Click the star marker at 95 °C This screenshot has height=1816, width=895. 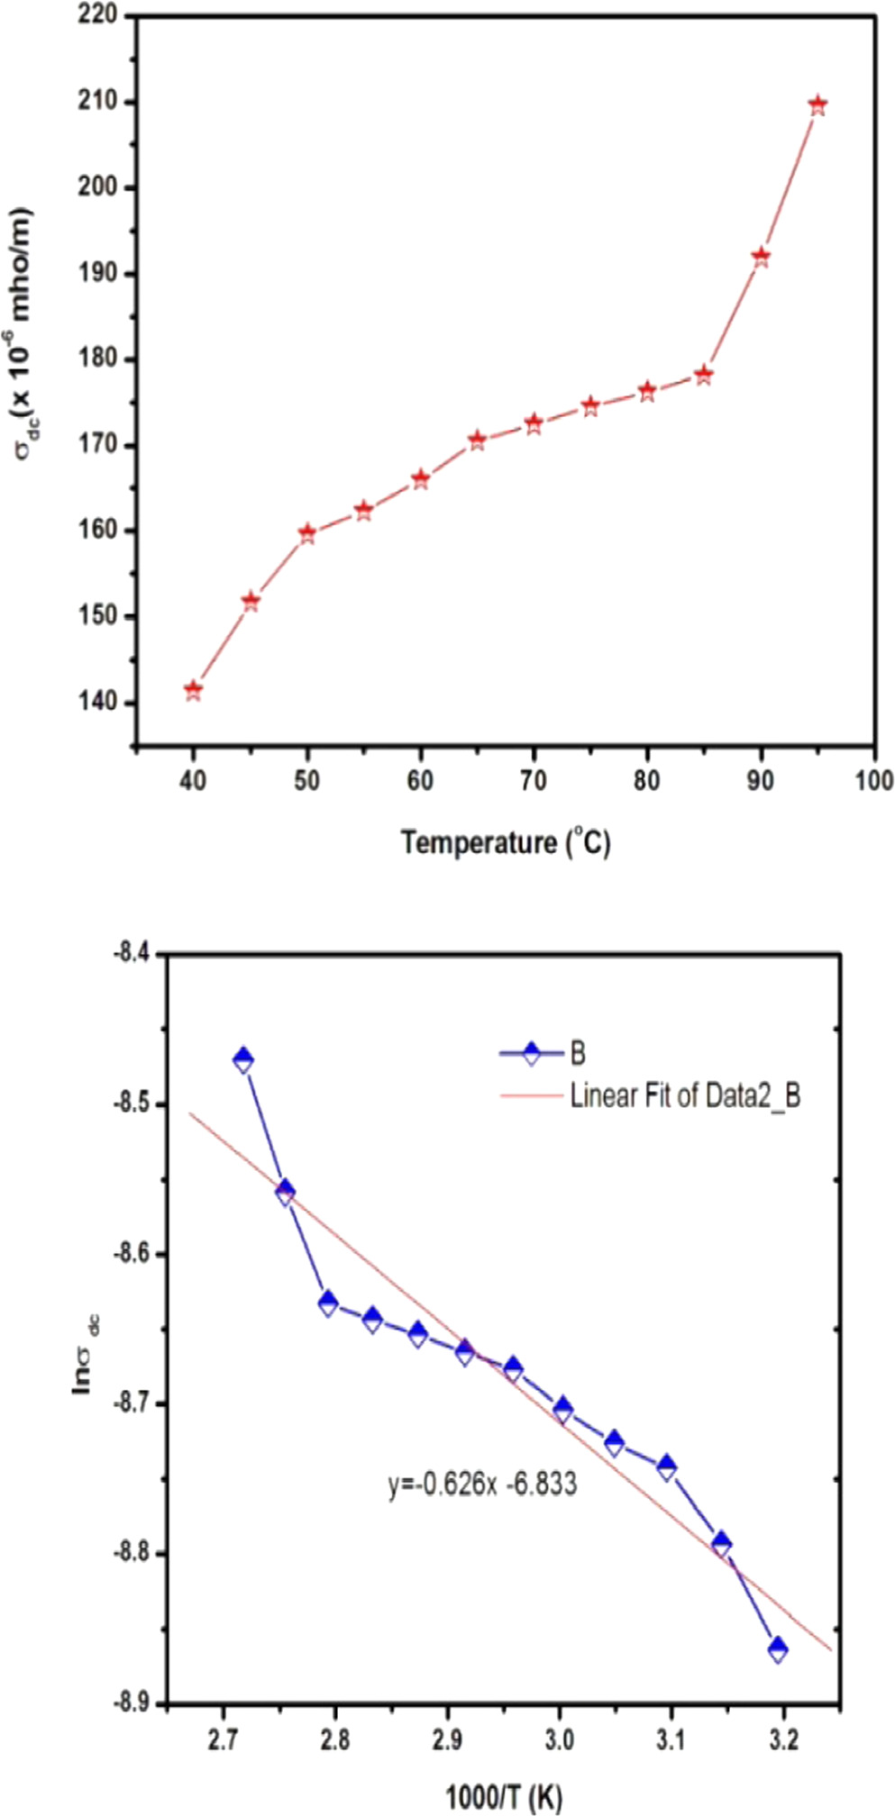click(x=817, y=106)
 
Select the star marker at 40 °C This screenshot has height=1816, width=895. click(x=193, y=691)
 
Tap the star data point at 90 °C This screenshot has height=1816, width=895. click(x=761, y=258)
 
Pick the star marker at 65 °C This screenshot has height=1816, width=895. click(x=477, y=440)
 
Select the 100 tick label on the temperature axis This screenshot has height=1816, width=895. click(x=873, y=781)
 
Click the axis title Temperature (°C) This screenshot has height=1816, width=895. click(x=506, y=843)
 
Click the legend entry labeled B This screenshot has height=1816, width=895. click(x=578, y=1053)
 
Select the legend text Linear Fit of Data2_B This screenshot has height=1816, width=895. click(x=685, y=1096)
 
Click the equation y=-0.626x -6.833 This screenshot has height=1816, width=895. click(x=482, y=1485)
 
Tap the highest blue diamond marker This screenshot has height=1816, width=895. click(x=242, y=1059)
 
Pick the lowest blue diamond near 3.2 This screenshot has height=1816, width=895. click(x=777, y=1650)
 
